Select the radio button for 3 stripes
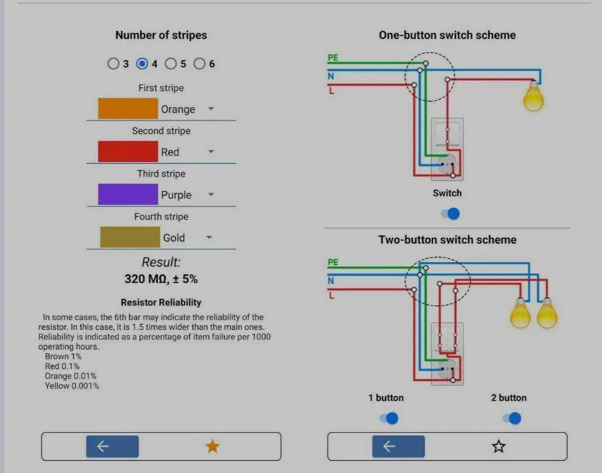pyautogui.click(x=113, y=63)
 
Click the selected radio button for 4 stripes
pyautogui.click(x=142, y=63)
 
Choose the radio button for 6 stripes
pyautogui.click(x=199, y=63)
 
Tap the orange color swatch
pyautogui.click(x=128, y=108)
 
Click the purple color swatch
pyautogui.click(x=128, y=194)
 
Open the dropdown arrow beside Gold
pyautogui.click(x=209, y=238)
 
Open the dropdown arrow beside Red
pyautogui.click(x=211, y=151)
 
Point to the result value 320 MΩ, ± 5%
pyautogui.click(x=161, y=279)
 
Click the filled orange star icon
pyautogui.click(x=212, y=446)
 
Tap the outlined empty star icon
pyautogui.click(x=499, y=446)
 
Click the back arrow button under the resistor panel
pyautogui.click(x=112, y=446)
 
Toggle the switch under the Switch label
pyautogui.click(x=450, y=214)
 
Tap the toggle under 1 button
pyautogui.click(x=389, y=418)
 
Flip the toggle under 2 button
pyautogui.click(x=512, y=418)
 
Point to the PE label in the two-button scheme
pyautogui.click(x=333, y=262)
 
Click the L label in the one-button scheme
pyautogui.click(x=332, y=91)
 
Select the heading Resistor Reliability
pyautogui.click(x=161, y=302)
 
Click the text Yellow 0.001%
pyautogui.click(x=72, y=386)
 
